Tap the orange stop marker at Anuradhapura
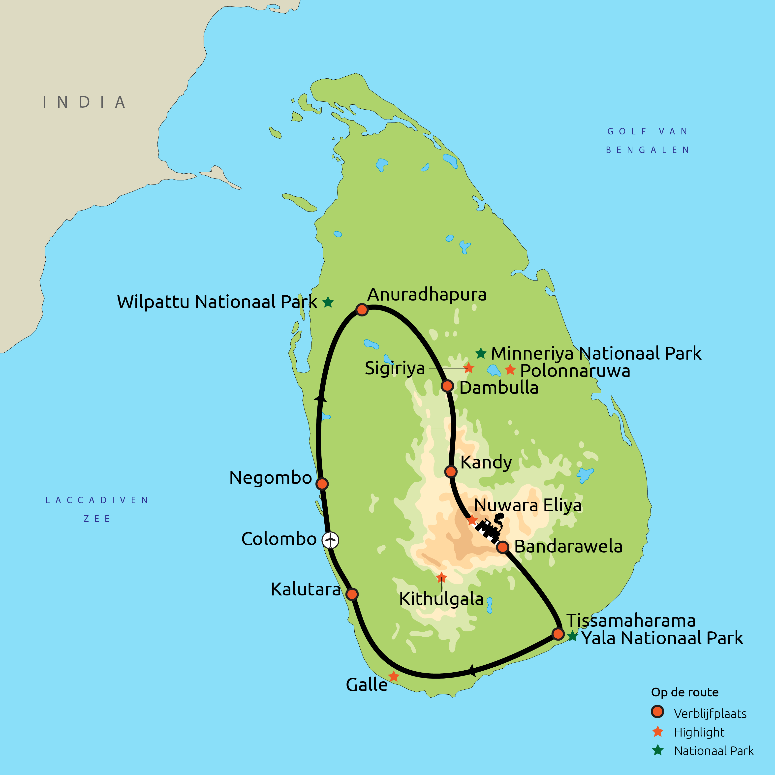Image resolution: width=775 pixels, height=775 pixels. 362,310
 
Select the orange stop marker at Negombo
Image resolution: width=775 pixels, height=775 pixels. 322,484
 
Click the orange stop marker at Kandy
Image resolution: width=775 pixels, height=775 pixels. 451,471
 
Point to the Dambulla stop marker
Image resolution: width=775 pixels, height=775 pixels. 447,386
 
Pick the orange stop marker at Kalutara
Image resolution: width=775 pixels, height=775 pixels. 352,594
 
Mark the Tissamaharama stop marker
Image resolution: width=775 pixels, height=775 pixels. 558,634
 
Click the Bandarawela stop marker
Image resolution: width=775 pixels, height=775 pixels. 503,547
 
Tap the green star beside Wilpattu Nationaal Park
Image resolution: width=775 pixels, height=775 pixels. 328,302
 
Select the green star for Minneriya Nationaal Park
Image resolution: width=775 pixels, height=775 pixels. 481,353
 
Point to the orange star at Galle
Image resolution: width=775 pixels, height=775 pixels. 394,676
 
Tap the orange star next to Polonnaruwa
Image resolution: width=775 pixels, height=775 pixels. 510,370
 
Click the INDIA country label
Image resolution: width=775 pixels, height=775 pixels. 84,102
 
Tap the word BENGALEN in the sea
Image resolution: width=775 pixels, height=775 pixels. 647,150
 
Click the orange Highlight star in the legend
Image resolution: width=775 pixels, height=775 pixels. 658,732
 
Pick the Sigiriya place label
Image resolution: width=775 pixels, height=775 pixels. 395,368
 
